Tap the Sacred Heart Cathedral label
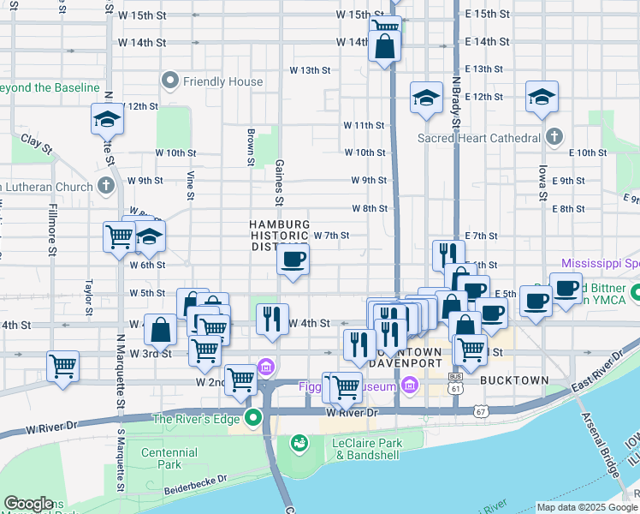click(x=479, y=137)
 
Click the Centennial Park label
click(x=163, y=458)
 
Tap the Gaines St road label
click(x=280, y=183)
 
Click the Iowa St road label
click(x=542, y=183)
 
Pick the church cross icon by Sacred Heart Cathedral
click(x=554, y=137)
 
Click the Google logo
click(x=29, y=504)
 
